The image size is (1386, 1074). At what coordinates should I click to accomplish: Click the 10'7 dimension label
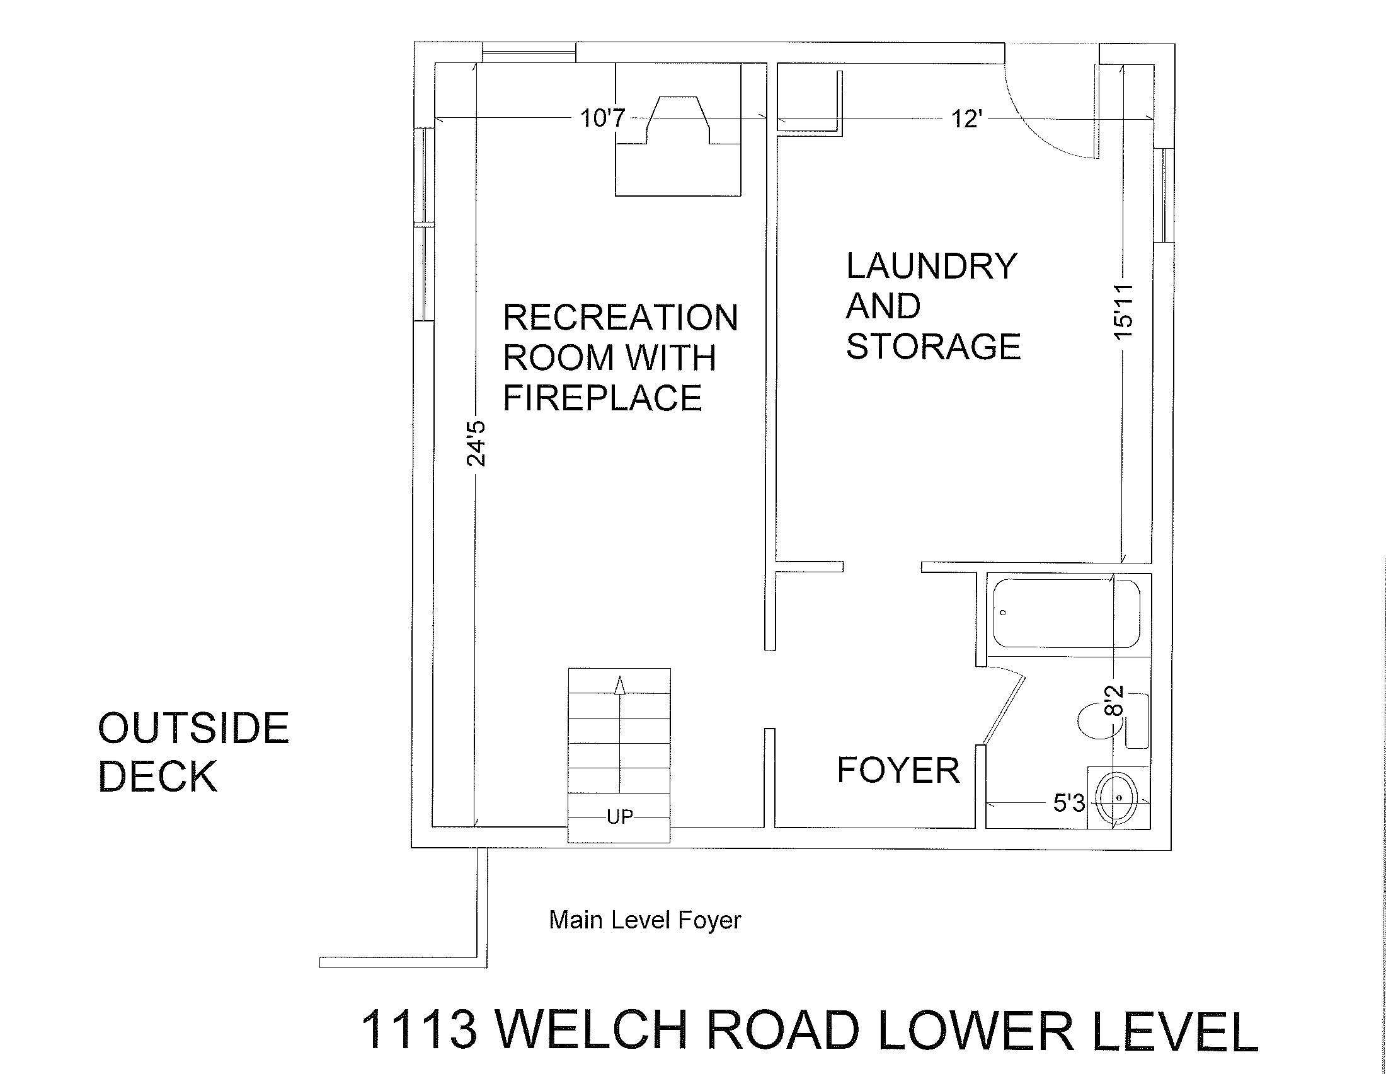point(604,118)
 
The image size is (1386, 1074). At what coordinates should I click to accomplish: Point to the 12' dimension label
point(966,118)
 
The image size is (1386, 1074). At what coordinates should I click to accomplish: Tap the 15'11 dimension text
point(1123,311)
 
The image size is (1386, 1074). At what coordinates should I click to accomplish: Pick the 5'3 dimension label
point(1069,804)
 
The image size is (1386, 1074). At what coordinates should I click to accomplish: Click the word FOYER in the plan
point(898,770)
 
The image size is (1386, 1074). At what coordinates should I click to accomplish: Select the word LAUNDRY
point(932,266)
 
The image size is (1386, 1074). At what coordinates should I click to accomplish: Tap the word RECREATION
point(621,318)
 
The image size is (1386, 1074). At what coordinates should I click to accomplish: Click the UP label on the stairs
point(619,817)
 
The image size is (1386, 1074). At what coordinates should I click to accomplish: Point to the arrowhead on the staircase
point(620,686)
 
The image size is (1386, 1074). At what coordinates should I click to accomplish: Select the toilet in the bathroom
point(1114,721)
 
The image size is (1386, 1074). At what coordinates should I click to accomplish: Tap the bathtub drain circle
point(1004,613)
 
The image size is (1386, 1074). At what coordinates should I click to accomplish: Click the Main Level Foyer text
point(644,920)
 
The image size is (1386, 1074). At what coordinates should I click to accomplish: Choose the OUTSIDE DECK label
point(193,751)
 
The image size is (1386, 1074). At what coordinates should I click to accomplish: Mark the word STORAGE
point(934,346)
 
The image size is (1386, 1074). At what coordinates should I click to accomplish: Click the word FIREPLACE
point(602,397)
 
